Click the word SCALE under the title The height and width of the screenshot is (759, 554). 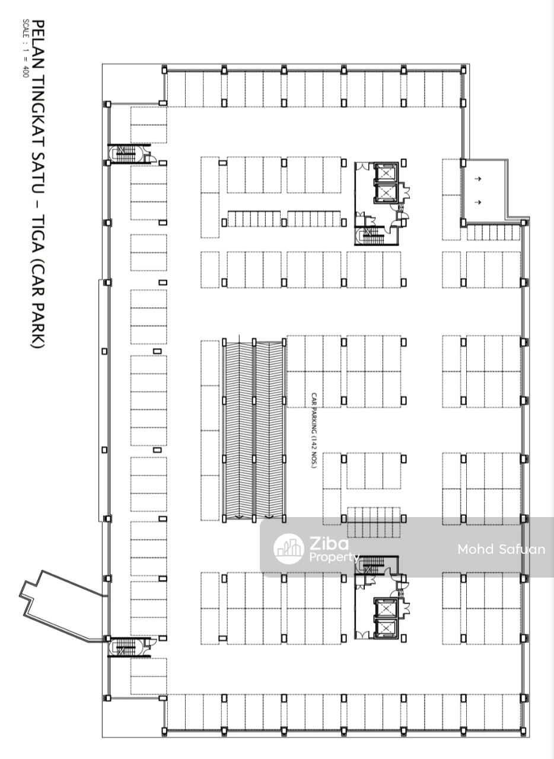(x=26, y=30)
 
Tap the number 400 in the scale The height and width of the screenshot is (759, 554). (x=26, y=72)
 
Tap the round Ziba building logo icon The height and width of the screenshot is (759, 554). (x=288, y=548)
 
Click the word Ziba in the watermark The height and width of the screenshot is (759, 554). (x=329, y=544)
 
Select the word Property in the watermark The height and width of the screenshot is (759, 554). (x=334, y=557)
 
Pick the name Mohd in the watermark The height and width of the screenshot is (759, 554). (x=476, y=549)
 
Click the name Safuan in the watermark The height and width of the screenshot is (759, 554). (x=523, y=549)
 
